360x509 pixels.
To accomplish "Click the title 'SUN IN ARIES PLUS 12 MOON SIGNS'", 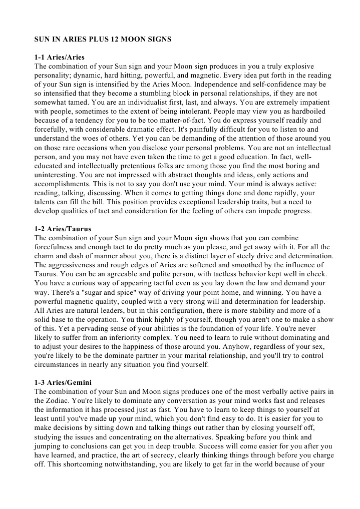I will pyautogui.click(x=103, y=39).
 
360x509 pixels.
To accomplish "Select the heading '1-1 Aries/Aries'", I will pyautogui.click(x=59, y=58).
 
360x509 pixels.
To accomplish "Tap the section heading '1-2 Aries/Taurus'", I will pyautogui.click(x=63, y=229).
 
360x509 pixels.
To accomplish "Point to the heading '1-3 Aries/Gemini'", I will pyautogui.click(x=63, y=382).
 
